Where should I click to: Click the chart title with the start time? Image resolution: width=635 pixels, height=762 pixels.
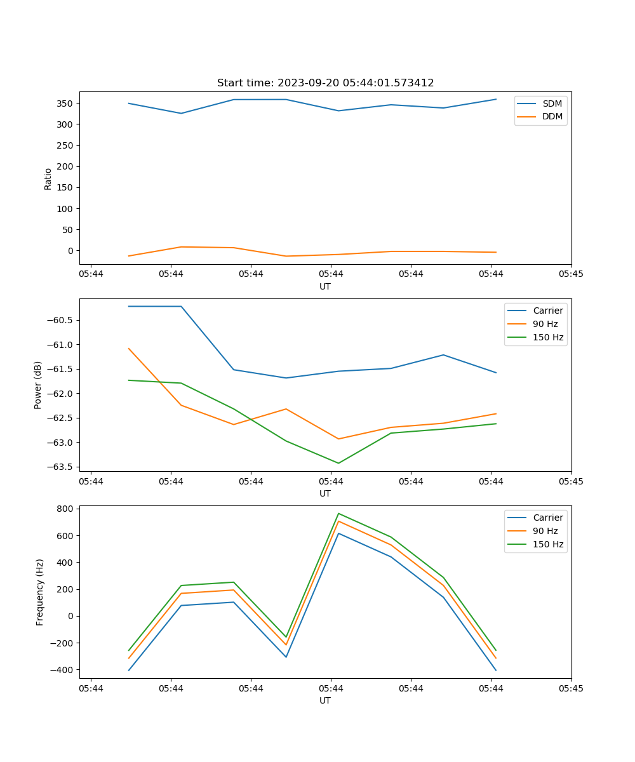click(x=325, y=83)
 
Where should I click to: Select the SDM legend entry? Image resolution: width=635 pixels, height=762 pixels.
click(x=552, y=104)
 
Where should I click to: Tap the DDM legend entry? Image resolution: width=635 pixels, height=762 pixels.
click(x=552, y=116)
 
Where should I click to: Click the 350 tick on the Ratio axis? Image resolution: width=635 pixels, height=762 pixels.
click(x=66, y=104)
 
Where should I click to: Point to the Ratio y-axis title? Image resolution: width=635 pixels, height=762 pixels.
click(x=48, y=179)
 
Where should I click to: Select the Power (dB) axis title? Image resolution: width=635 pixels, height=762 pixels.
click(x=38, y=385)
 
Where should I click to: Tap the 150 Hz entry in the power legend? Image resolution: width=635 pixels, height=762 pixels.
click(x=548, y=337)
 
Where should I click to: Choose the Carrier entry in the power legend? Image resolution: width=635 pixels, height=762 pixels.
click(x=547, y=311)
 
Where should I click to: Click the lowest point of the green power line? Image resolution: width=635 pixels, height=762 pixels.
click(x=338, y=463)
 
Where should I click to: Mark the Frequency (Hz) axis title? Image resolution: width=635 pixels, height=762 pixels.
click(x=40, y=592)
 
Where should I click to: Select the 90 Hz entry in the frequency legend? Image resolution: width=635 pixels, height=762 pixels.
click(x=545, y=531)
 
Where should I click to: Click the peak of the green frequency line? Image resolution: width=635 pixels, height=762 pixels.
click(x=338, y=513)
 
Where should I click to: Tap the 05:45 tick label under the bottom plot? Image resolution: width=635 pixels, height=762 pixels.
click(x=570, y=688)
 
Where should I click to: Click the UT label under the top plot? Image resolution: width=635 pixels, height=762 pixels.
click(x=325, y=286)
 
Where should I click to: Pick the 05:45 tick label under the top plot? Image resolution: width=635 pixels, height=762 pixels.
click(x=570, y=274)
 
